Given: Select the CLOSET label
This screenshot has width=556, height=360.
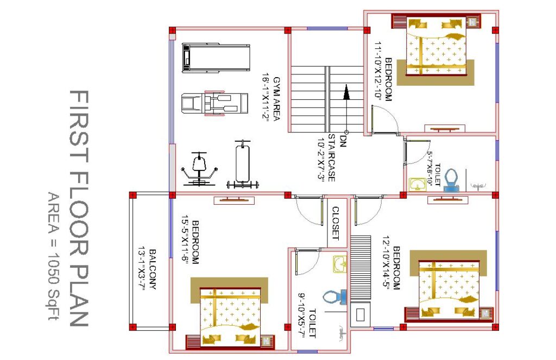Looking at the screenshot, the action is point(336,223).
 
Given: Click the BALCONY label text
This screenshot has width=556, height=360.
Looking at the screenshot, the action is point(153,269).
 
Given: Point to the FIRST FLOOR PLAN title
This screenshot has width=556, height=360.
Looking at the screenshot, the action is point(78,208).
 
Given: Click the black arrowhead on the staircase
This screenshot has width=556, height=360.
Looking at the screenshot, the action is point(346,92).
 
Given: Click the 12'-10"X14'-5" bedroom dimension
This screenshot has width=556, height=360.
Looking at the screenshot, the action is point(386,263).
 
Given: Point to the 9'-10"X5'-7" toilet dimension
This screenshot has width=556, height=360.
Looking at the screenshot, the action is point(302,315).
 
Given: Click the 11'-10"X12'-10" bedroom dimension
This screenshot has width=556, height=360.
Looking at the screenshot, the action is point(378,71).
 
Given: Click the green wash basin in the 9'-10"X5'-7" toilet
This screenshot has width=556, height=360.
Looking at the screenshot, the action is point(340,264).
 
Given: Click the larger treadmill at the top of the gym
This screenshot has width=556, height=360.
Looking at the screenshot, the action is point(216,58).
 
